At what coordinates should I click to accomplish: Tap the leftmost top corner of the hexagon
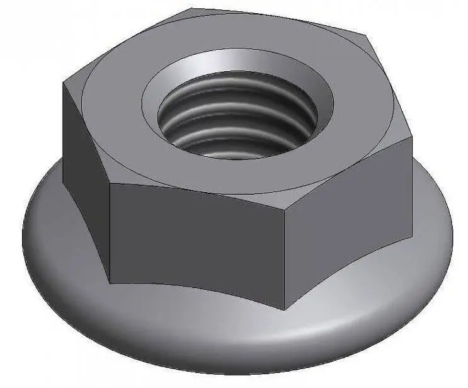click(x=62, y=83)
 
